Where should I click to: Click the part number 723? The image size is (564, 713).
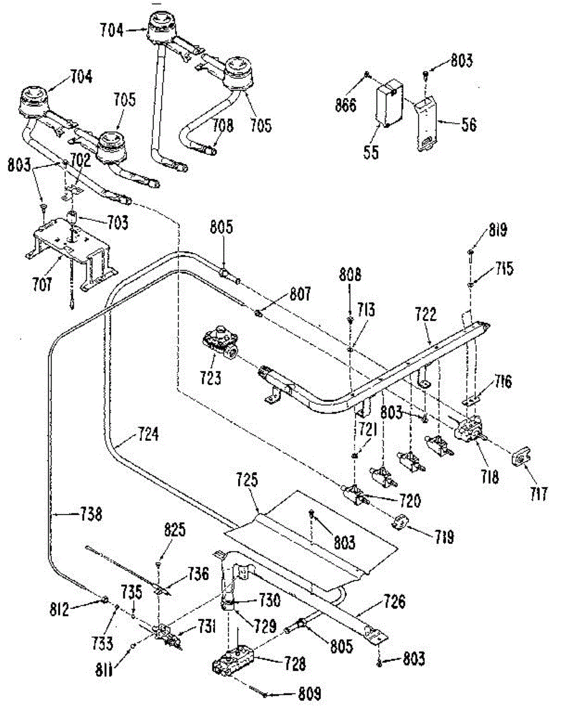211,378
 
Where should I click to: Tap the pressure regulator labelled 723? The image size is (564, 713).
220,342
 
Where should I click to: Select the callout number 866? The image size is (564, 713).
346,106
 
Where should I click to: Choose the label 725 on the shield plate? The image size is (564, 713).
248,479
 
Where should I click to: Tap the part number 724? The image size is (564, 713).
148,434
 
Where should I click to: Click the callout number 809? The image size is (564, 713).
310,693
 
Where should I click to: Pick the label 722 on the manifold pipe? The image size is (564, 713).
426,314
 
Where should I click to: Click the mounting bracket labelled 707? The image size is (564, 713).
71,252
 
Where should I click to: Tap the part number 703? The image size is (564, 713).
118,222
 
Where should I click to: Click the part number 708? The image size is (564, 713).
223,125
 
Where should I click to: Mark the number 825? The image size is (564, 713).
175,530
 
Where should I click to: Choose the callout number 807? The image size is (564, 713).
300,294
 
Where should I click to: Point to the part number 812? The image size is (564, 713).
59,609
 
